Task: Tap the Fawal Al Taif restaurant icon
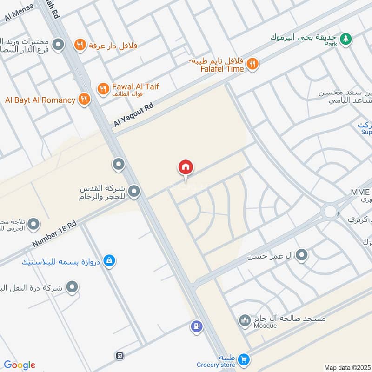click(x=103, y=88)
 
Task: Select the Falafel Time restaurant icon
click(x=252, y=64)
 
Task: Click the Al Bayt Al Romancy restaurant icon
click(x=84, y=99)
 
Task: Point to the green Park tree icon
click(x=345, y=39)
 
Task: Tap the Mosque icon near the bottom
click(x=245, y=320)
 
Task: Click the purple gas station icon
click(x=197, y=326)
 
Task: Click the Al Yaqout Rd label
click(x=133, y=115)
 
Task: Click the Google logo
click(x=20, y=365)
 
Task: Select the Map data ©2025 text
click(x=347, y=367)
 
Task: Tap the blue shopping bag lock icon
click(x=109, y=260)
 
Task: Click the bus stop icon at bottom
click(x=120, y=356)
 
